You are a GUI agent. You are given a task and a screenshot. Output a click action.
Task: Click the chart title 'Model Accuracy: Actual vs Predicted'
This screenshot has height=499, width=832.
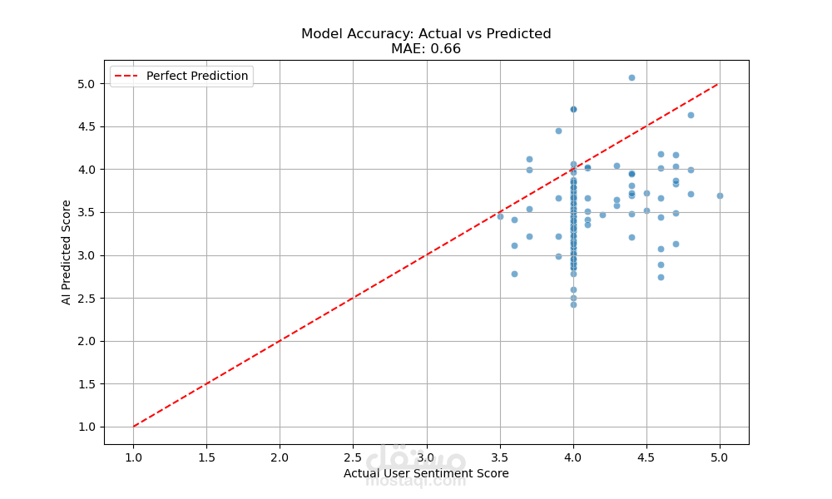pyautogui.click(x=426, y=34)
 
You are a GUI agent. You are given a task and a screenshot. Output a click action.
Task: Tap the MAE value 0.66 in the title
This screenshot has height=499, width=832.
pyautogui.click(x=445, y=49)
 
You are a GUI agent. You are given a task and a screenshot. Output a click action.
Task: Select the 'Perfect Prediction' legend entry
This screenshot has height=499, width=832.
pyautogui.click(x=196, y=77)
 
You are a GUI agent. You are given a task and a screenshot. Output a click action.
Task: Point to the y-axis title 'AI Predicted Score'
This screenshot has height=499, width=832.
pyautogui.click(x=67, y=251)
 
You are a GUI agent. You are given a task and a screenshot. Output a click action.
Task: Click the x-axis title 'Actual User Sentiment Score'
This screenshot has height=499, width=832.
pyautogui.click(x=426, y=474)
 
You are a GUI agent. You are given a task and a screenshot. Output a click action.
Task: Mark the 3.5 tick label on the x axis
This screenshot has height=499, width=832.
pyautogui.click(x=500, y=457)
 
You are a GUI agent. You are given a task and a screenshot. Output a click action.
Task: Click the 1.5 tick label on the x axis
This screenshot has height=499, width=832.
pyautogui.click(x=206, y=457)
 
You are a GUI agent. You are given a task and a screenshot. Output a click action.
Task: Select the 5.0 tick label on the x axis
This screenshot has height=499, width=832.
pyautogui.click(x=720, y=457)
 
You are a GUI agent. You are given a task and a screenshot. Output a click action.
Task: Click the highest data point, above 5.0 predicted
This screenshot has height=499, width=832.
pyautogui.click(x=631, y=77)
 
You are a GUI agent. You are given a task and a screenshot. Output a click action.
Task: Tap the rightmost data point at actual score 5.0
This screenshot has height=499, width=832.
pyautogui.click(x=720, y=195)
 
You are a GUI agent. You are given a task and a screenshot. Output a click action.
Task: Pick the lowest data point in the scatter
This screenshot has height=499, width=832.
pyautogui.click(x=573, y=304)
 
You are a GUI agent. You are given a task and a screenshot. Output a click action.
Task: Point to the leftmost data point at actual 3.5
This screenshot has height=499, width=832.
pyautogui.click(x=500, y=216)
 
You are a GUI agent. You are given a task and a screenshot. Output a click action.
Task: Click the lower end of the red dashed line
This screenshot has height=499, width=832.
pyautogui.click(x=133, y=427)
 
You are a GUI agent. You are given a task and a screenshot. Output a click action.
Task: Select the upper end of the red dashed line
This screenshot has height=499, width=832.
pyautogui.click(x=720, y=83)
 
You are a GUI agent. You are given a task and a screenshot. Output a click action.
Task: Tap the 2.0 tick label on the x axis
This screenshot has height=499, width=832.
pyautogui.click(x=280, y=457)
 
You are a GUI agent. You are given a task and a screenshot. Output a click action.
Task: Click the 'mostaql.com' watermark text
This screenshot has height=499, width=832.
pyautogui.click(x=416, y=481)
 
